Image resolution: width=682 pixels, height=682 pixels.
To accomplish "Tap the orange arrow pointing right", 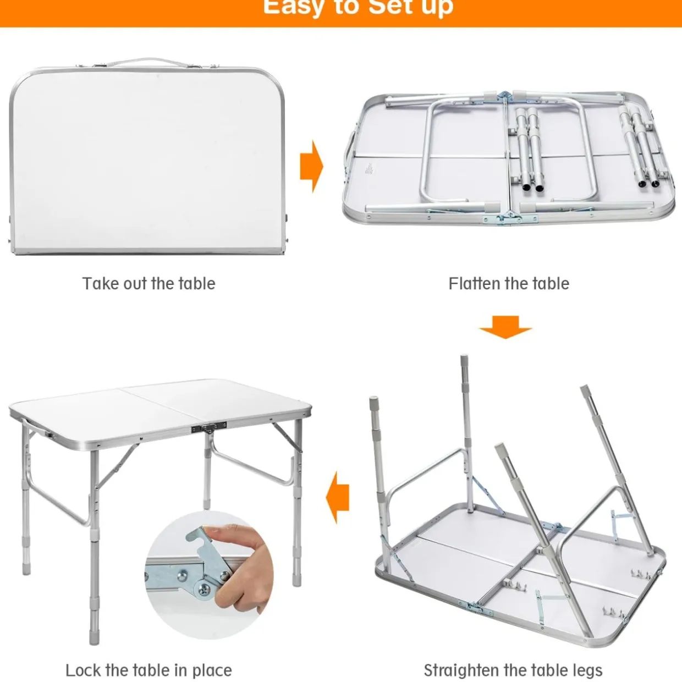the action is coord(311,166).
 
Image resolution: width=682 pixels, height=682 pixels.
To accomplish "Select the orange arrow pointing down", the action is coord(505,327).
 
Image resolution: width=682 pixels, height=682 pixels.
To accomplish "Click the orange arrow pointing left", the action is coord(337,497).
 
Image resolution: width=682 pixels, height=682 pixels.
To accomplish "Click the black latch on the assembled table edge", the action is coord(210,428).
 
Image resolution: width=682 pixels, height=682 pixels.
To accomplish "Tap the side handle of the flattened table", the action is coord(348,153).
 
